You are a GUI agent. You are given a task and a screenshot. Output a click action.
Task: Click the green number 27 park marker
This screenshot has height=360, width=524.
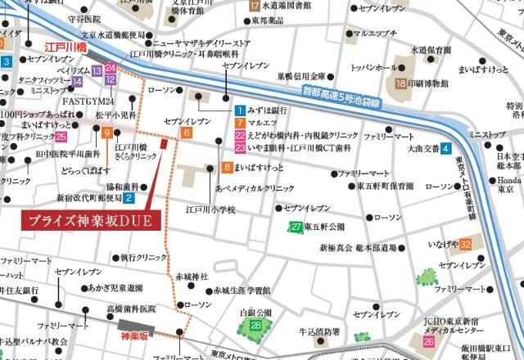[x=296, y=227]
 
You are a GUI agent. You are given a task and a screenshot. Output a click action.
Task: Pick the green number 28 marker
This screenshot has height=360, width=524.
[x=256, y=326]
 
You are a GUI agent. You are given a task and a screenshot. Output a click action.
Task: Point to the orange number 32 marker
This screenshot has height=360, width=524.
[x=465, y=244]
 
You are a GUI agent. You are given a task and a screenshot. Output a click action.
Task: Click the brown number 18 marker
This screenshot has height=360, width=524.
[x=401, y=83]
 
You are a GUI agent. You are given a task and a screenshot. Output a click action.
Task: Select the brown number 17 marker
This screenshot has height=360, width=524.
[x=254, y=6]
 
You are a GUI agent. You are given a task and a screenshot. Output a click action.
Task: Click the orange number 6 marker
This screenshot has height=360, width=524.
[x=187, y=133]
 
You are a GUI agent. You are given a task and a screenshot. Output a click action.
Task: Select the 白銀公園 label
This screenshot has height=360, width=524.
[x=255, y=313]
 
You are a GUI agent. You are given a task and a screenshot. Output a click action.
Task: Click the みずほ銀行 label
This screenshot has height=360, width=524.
[x=267, y=110]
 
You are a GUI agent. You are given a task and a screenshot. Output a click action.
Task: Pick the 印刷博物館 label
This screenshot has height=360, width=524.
[x=429, y=83]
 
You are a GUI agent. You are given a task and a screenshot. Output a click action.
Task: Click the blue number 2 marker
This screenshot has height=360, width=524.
[x=129, y=197]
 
